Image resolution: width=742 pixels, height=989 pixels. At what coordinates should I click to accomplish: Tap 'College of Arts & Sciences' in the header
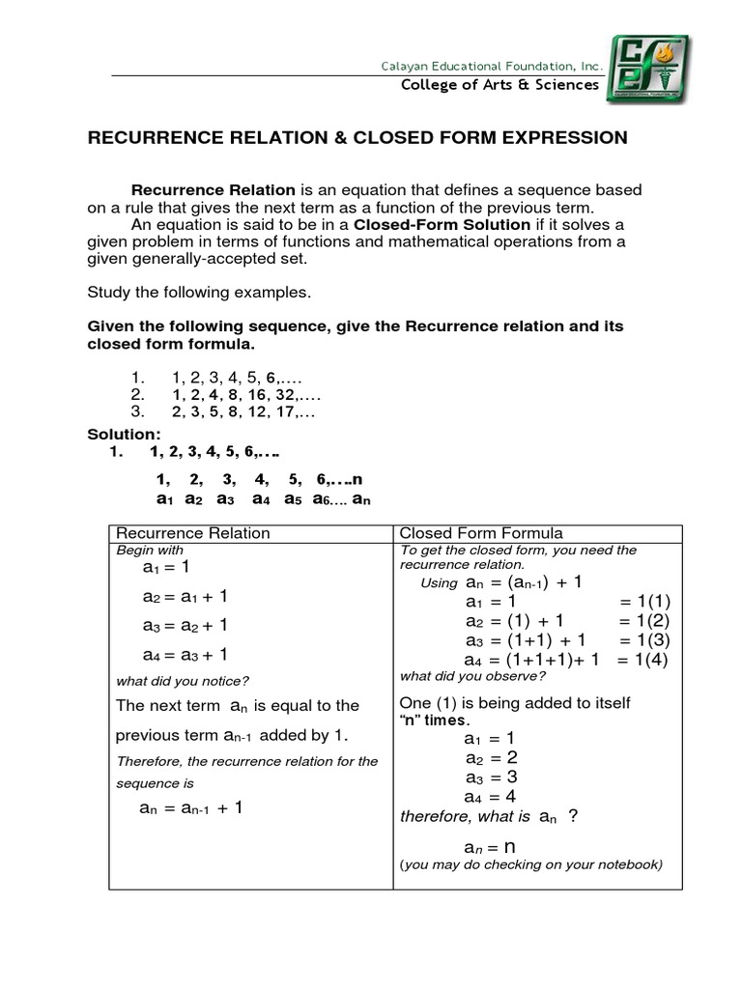click(x=500, y=85)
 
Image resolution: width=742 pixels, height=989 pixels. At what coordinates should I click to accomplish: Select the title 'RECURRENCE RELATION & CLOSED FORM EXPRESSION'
click(x=357, y=138)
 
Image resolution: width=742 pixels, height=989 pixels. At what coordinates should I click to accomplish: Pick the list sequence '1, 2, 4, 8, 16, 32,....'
click(x=246, y=394)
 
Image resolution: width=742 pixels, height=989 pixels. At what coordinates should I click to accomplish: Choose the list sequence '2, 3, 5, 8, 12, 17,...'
click(x=243, y=410)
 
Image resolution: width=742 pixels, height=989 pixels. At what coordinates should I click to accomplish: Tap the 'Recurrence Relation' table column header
click(x=193, y=533)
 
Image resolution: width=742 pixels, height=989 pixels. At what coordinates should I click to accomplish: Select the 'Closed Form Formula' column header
click(x=481, y=533)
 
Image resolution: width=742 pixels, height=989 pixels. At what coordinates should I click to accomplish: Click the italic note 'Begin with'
click(x=149, y=550)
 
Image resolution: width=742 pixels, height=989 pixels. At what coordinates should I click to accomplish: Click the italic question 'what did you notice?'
click(x=183, y=680)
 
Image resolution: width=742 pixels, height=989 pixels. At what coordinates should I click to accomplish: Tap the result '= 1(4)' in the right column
click(x=642, y=661)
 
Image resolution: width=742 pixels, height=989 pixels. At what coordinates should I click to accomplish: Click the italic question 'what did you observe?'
click(x=472, y=675)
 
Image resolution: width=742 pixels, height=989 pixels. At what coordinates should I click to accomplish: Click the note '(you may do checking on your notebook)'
click(x=530, y=864)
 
